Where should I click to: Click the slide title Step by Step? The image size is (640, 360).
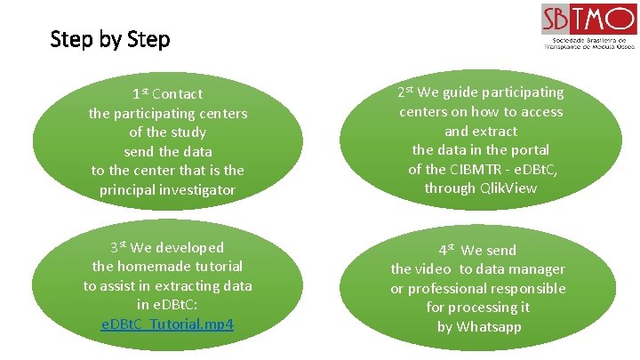(110, 40)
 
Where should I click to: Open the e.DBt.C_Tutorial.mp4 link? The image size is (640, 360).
(168, 324)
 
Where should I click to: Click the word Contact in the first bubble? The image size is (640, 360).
(177, 93)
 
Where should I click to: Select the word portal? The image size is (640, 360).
(528, 149)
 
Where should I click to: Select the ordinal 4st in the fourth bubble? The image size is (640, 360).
(446, 250)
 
